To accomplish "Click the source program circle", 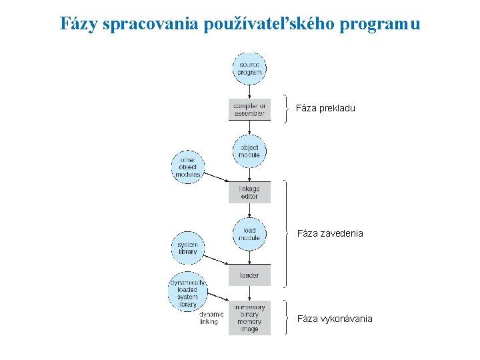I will [249, 69].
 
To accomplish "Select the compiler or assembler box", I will [249, 110].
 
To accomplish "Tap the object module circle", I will [249, 151].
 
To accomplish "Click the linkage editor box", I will [249, 193].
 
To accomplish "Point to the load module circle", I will [249, 234].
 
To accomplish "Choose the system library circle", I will [188, 248].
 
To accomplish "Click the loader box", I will [249, 275].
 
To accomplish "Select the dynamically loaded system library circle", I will [188, 290].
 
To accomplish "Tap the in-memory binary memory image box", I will [249, 318].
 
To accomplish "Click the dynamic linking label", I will [209, 318].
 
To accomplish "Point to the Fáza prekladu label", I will [325, 108].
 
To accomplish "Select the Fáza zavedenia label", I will [329, 233].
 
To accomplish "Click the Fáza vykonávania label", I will [334, 319].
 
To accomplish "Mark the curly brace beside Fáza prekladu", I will [286, 109].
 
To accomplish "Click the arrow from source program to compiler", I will [249, 92].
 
